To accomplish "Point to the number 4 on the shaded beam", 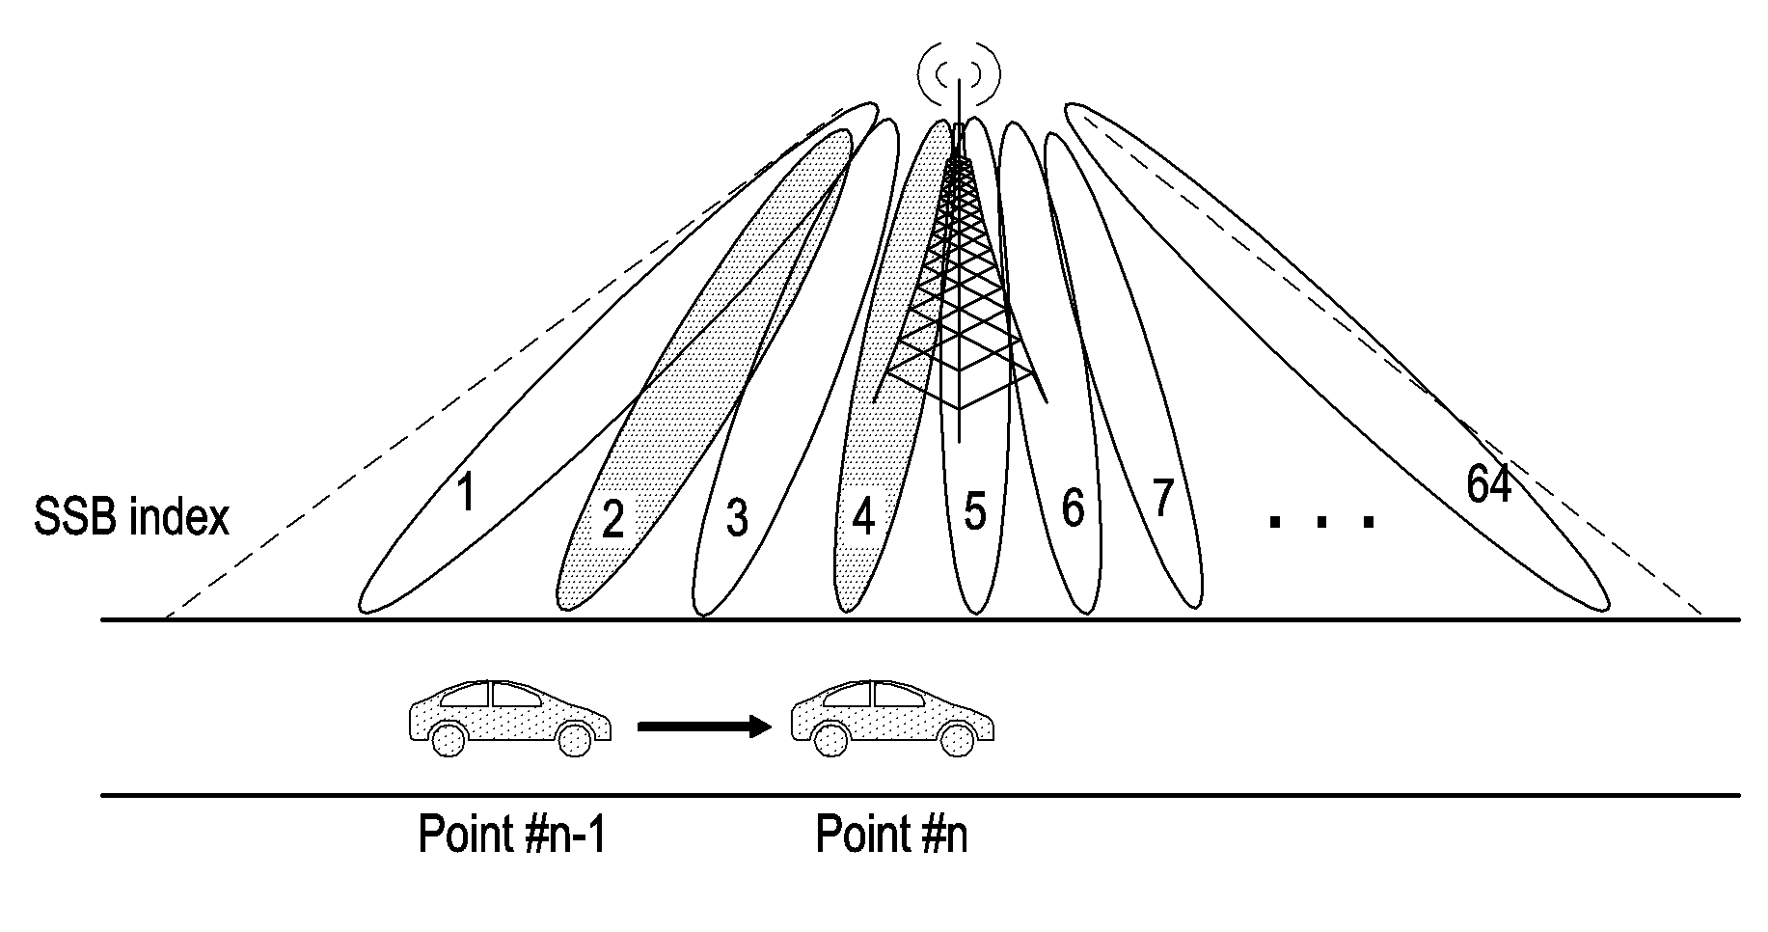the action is point(863,518).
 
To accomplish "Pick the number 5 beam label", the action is point(975,511).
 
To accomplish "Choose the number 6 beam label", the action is point(1073,508).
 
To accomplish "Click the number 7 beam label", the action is point(1162,499).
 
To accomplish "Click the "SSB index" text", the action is point(132,517).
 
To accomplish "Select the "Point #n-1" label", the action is point(512,835).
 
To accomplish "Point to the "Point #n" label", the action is point(891,835).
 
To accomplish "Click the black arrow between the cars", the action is point(704,727).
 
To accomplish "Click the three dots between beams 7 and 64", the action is point(1321,522).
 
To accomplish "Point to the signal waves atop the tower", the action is point(959,73).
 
